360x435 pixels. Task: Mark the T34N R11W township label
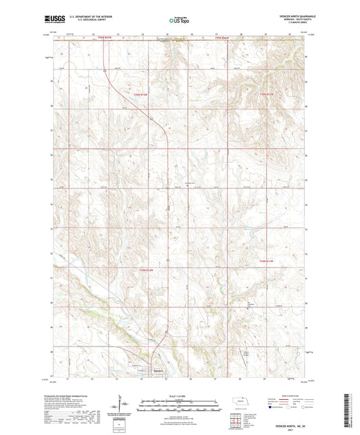(x=267, y=260)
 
